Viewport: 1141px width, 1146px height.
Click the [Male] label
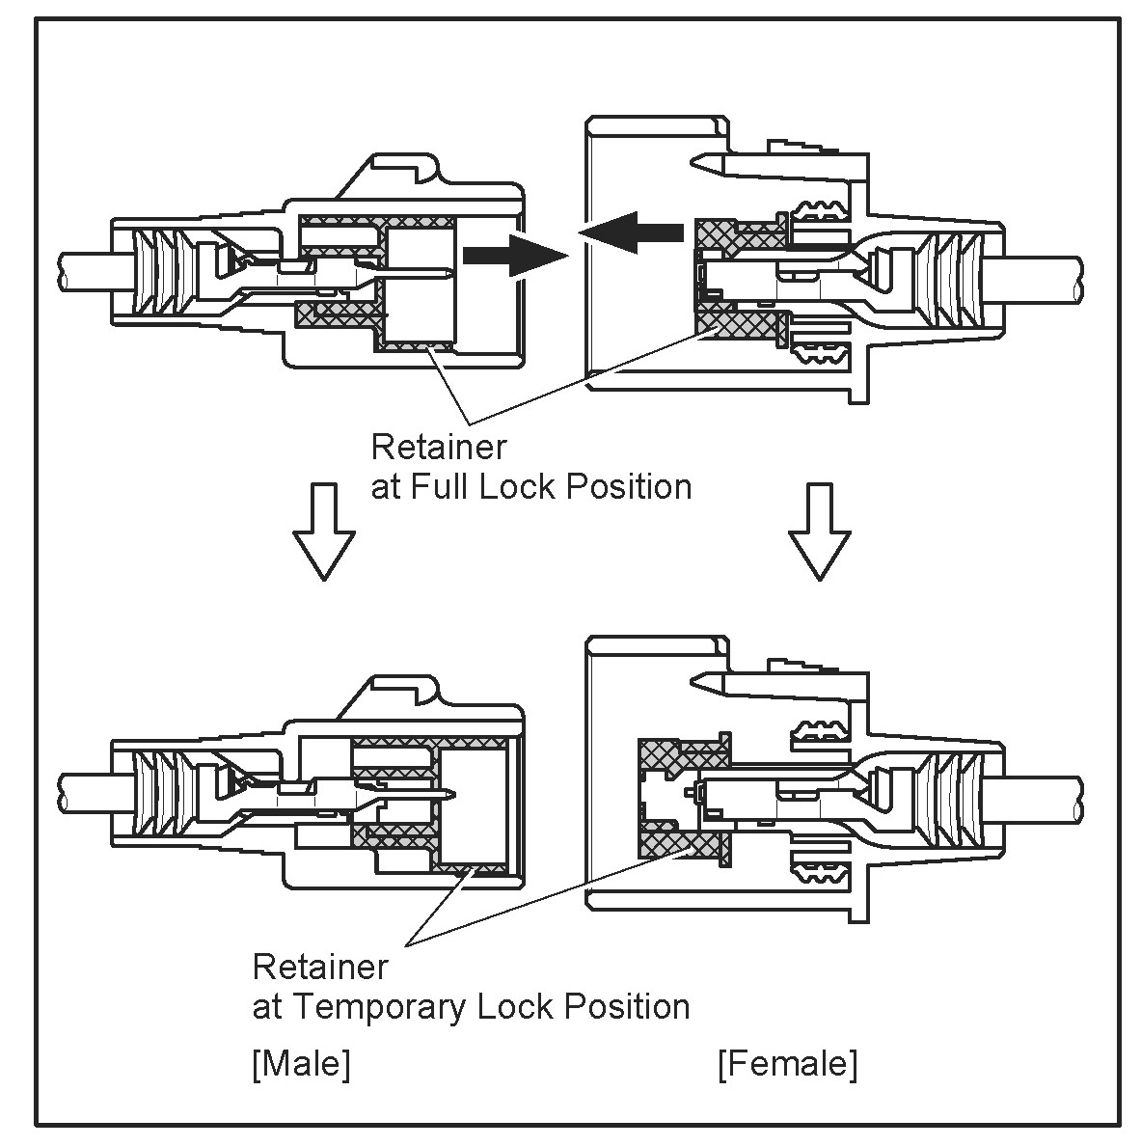click(301, 1064)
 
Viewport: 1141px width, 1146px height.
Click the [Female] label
click(787, 1064)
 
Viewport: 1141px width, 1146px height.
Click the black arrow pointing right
click(512, 255)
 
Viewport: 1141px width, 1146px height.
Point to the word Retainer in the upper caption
click(438, 448)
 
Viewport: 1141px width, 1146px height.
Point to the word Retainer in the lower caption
click(320, 966)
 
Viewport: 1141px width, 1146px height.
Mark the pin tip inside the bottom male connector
click(453, 796)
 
